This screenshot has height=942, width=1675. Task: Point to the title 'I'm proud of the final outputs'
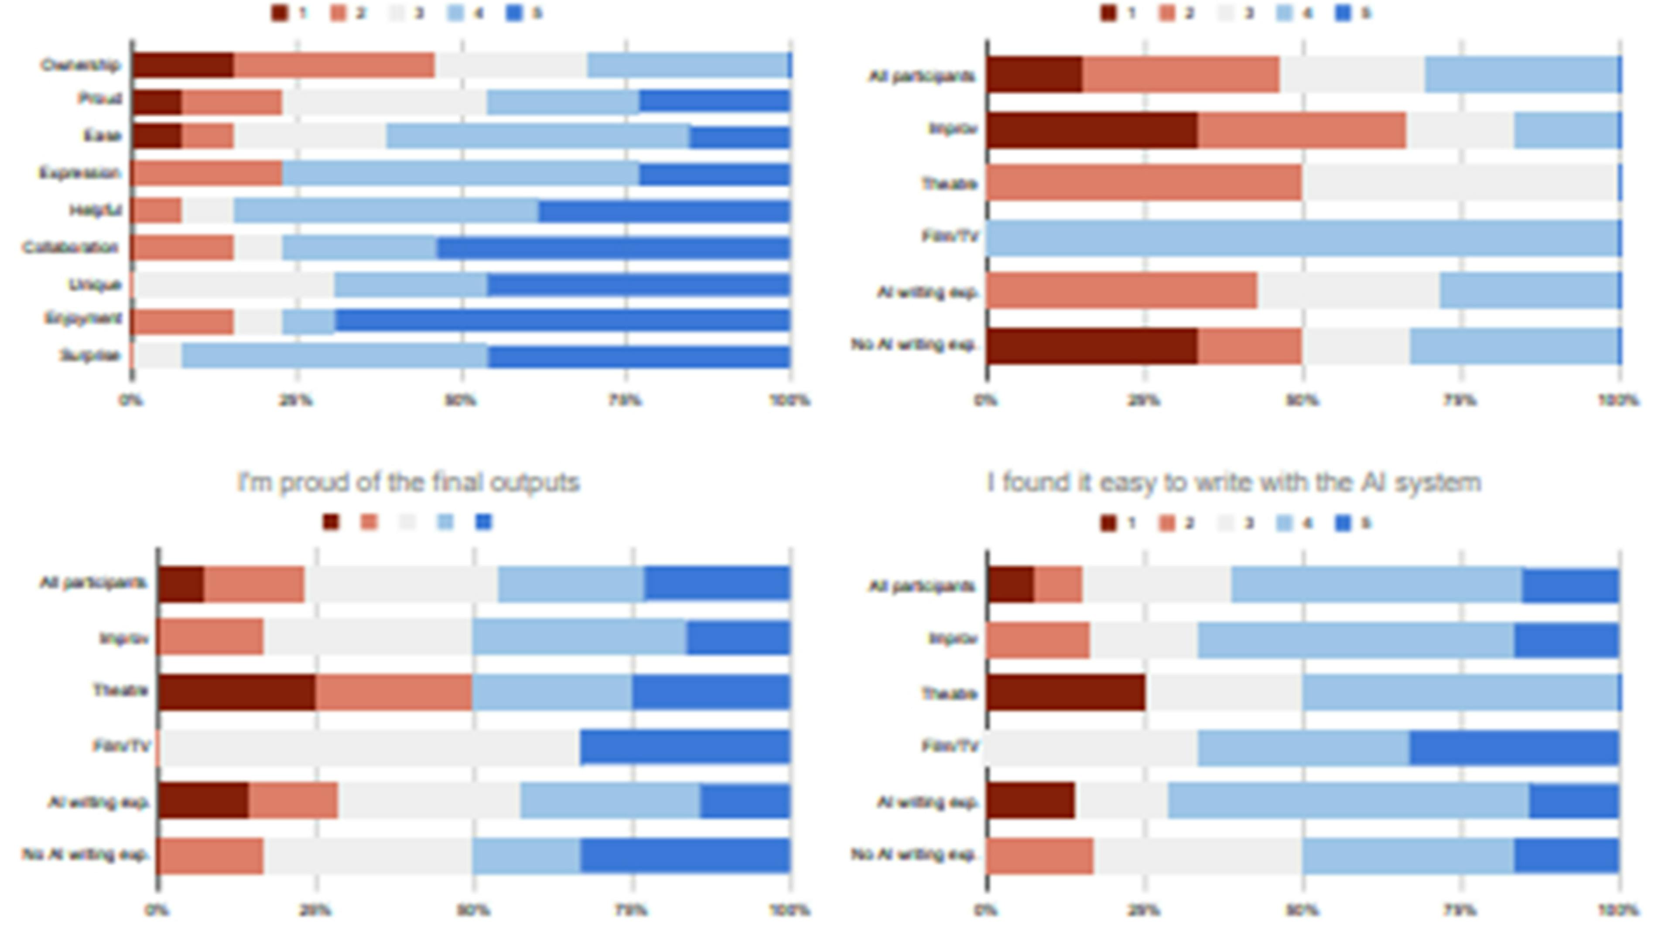(408, 483)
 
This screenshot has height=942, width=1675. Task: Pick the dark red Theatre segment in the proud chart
(237, 692)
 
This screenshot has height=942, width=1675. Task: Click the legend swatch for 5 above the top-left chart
(514, 13)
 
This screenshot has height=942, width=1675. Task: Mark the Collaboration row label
(70, 248)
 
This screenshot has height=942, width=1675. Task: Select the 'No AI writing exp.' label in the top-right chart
(913, 344)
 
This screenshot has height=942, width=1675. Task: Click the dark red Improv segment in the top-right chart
(1092, 130)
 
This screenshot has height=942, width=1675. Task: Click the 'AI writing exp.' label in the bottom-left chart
(99, 802)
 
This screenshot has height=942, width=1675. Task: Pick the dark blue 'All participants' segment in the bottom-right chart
(1570, 586)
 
